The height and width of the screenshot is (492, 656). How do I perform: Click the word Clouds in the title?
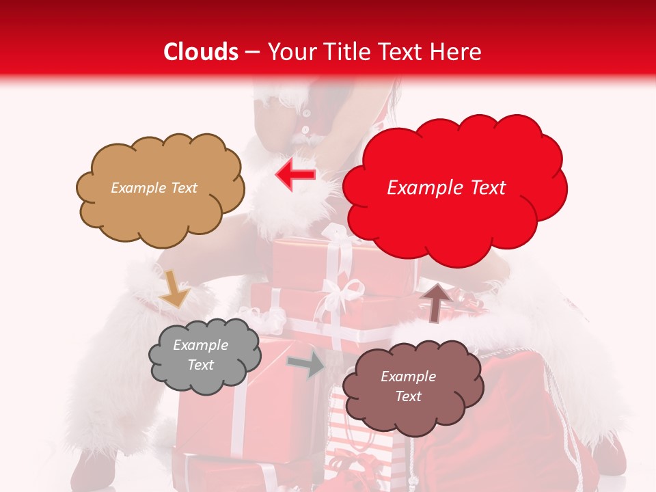point(201,52)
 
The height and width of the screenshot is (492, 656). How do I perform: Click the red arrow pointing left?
point(295,175)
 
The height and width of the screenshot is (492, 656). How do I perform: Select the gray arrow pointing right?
point(305,364)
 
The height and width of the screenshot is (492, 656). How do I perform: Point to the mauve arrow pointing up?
point(435,301)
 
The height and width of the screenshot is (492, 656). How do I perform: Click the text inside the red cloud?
point(446,188)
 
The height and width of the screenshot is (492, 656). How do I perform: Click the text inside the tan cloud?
point(154,188)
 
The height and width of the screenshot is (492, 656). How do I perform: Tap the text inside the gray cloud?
point(200,355)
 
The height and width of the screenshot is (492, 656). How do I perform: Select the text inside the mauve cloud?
point(408,386)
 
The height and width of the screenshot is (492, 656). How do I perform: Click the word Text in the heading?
point(396,52)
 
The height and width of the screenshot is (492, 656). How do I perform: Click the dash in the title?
point(252,53)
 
